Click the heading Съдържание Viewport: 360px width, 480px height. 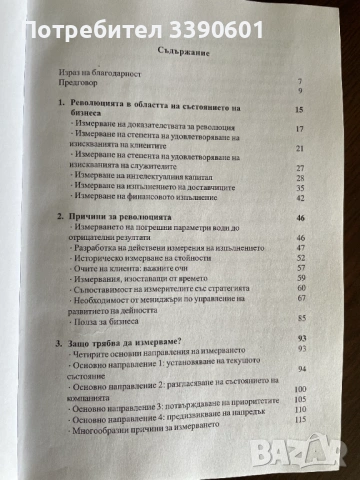click(x=180, y=51)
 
